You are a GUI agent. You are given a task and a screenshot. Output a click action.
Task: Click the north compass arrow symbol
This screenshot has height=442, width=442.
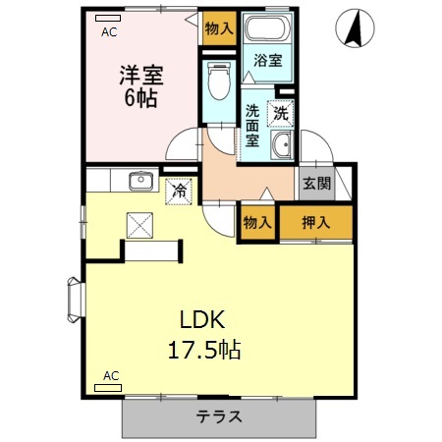(x=354, y=30)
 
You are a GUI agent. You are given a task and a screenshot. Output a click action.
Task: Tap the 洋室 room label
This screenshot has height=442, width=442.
(x=140, y=74)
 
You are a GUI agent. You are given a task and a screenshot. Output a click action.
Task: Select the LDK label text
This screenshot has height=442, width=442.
(x=202, y=320)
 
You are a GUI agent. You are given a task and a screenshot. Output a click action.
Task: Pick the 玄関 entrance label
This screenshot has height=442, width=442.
(x=316, y=184)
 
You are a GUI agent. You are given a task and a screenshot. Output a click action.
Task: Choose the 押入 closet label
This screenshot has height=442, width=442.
(x=315, y=223)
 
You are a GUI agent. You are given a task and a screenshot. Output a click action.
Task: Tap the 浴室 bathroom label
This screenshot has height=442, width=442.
(x=267, y=61)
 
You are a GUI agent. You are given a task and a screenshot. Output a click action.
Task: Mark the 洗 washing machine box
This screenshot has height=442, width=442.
(x=282, y=113)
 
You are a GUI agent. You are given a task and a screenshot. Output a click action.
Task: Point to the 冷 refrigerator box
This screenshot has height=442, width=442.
(x=180, y=190)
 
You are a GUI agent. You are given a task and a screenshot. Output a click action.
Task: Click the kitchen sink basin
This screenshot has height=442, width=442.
(x=139, y=179)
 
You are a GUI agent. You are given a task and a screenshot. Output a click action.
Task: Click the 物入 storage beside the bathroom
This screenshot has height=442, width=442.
(x=219, y=28)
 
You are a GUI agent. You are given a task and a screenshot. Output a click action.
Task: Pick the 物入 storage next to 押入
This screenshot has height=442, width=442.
(x=257, y=223)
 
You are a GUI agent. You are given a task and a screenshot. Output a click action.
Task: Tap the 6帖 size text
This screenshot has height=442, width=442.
(x=141, y=98)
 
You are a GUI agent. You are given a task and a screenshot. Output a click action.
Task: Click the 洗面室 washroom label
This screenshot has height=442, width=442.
(x=253, y=126)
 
